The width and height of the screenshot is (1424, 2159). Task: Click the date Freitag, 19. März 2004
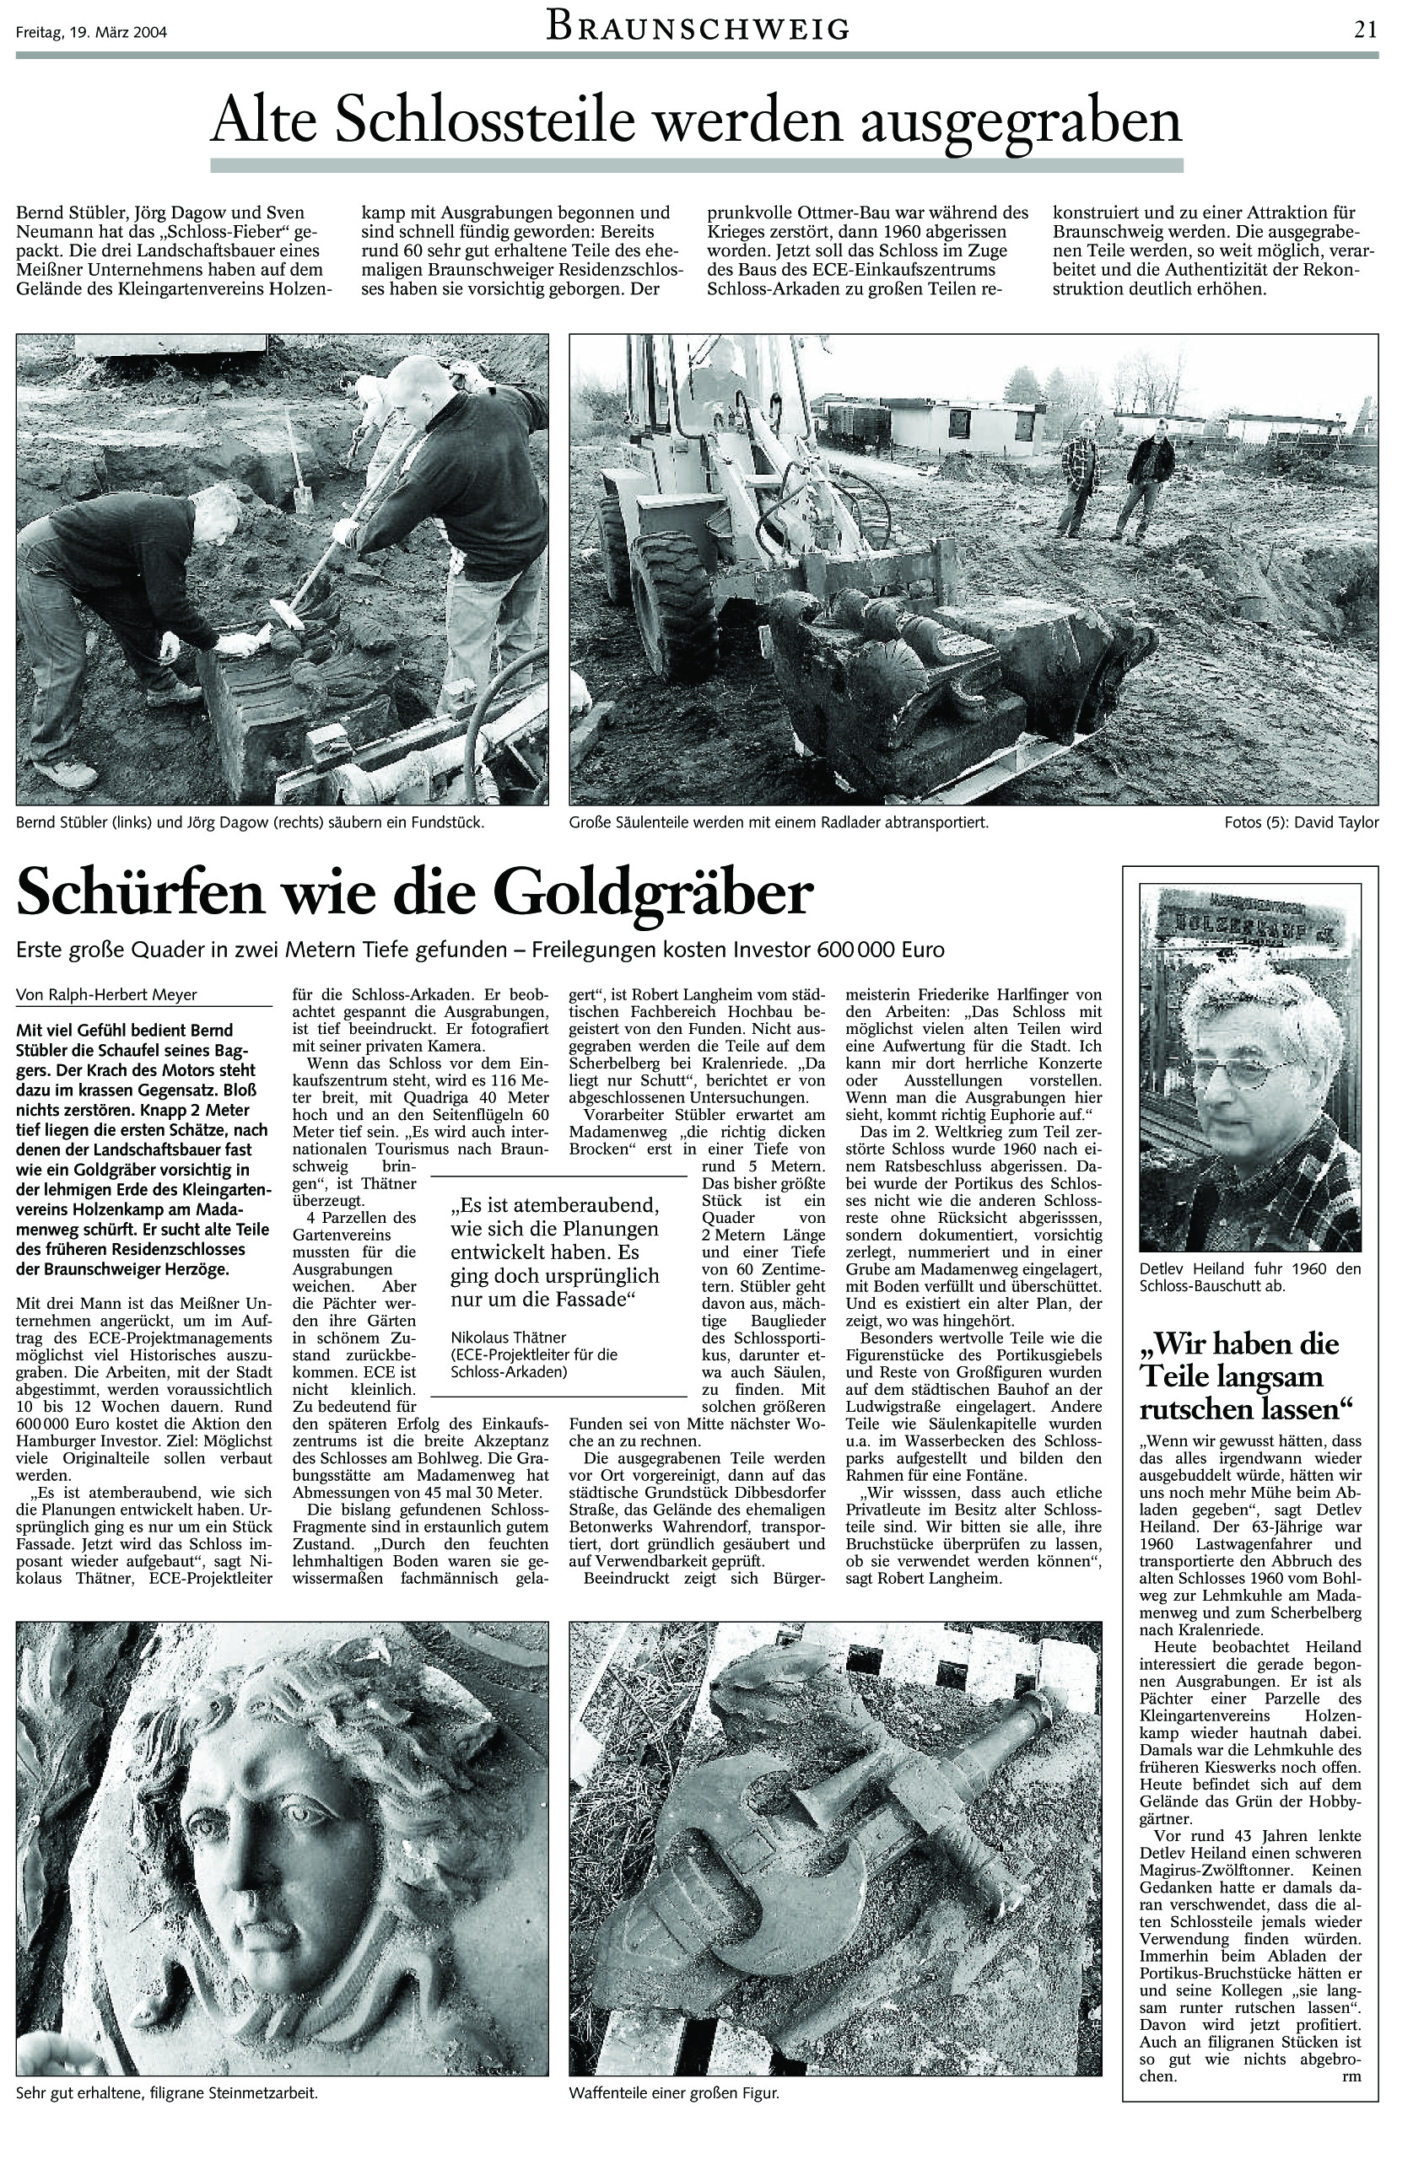pos(91,35)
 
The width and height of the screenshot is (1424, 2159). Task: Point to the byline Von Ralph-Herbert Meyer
pos(107,994)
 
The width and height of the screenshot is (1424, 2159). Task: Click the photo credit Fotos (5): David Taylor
pos(1302,822)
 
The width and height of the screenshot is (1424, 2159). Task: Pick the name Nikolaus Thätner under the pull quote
pos(509,1338)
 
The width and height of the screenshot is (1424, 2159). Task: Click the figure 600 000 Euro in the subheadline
pos(880,950)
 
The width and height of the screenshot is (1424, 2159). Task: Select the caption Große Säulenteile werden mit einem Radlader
pos(779,822)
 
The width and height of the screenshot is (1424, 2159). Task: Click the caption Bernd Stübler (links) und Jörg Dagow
pos(250,822)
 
